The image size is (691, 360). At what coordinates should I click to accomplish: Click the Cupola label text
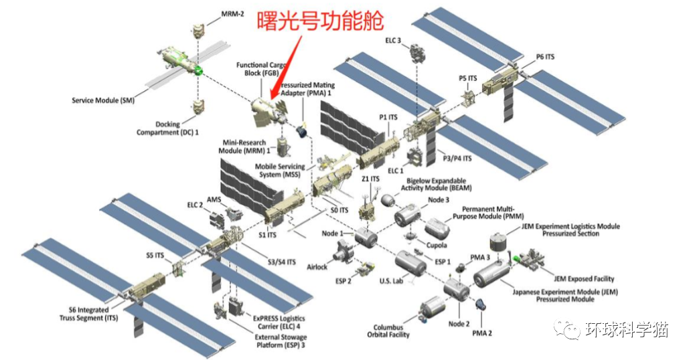tap(437, 246)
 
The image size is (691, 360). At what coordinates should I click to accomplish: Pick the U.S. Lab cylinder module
tap(409, 263)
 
